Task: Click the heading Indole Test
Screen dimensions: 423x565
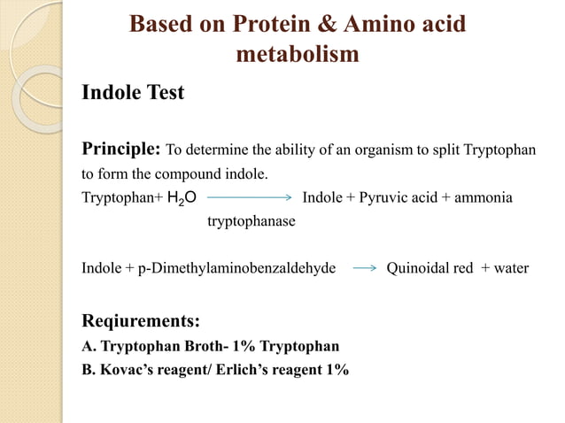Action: [133, 92]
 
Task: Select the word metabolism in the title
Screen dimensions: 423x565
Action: [298, 55]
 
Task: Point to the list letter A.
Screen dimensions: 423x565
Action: [87, 346]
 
